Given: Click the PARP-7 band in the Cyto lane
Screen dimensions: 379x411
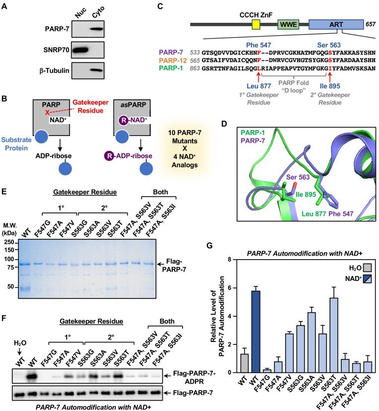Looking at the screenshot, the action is pyautogui.click(x=97, y=29).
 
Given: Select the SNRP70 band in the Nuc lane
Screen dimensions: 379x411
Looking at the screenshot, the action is pyautogui.click(x=80, y=50).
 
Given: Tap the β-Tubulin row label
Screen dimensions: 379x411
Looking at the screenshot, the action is pyautogui.click(x=54, y=70).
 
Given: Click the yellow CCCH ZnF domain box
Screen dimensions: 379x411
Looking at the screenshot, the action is pyautogui.click(x=256, y=24).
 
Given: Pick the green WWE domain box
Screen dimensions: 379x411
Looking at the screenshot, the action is pyautogui.click(x=288, y=24).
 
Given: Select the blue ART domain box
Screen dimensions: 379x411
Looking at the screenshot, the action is pyautogui.click(x=336, y=24).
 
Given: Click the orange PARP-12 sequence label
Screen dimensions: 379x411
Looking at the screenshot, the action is pyautogui.click(x=173, y=61).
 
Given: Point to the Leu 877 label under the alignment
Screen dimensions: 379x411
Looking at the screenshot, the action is pyautogui.click(x=259, y=86).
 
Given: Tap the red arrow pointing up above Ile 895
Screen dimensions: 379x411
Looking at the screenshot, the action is pyautogui.click(x=330, y=77).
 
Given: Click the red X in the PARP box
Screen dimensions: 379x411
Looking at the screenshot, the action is pyautogui.click(x=47, y=113).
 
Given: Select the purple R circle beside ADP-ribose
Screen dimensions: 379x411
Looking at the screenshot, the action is pyautogui.click(x=109, y=156).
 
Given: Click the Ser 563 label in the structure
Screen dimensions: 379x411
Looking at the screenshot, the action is pyautogui.click(x=298, y=177).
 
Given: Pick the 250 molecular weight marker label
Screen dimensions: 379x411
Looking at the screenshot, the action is pyautogui.click(x=9, y=242).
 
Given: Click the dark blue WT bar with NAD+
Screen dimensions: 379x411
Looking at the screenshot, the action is pyautogui.click(x=255, y=332).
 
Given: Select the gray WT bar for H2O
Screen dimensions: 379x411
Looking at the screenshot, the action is pyautogui.click(x=245, y=363).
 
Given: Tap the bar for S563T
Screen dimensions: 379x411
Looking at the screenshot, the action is pyautogui.click(x=334, y=335).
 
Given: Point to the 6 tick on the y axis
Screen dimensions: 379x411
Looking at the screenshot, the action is pyautogui.click(x=230, y=288).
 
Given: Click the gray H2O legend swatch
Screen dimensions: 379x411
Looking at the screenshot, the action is pyautogui.click(x=368, y=268).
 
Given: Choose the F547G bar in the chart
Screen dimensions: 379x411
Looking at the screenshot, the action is pyautogui.click(x=267, y=371).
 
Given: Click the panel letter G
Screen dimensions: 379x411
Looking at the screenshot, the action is pyautogui.click(x=209, y=246).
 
